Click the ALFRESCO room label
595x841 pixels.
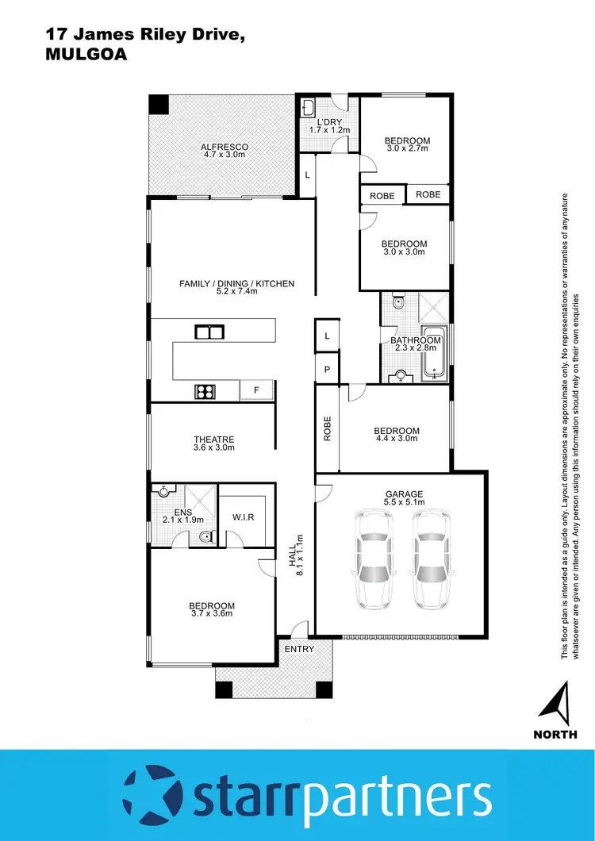click(225, 147)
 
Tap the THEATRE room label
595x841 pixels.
click(214, 440)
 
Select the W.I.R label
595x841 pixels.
click(243, 517)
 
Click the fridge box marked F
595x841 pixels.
click(255, 390)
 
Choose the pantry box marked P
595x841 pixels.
click(327, 371)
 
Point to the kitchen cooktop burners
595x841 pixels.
click(206, 390)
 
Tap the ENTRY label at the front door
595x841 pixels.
click(299, 649)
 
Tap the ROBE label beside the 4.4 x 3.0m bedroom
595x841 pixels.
click(327, 428)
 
